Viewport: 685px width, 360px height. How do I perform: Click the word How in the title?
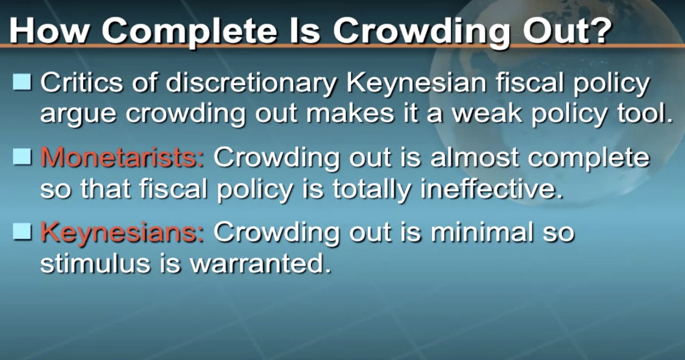click(x=50, y=31)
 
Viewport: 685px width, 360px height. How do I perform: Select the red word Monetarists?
click(x=122, y=158)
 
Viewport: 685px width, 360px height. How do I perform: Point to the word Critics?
click(x=81, y=82)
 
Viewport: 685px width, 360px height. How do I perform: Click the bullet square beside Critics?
click(x=22, y=82)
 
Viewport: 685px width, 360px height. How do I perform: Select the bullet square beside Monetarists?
click(x=22, y=157)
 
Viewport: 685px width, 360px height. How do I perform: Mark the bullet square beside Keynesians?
click(x=22, y=232)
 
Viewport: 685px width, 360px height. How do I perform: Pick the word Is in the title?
click(x=306, y=31)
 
